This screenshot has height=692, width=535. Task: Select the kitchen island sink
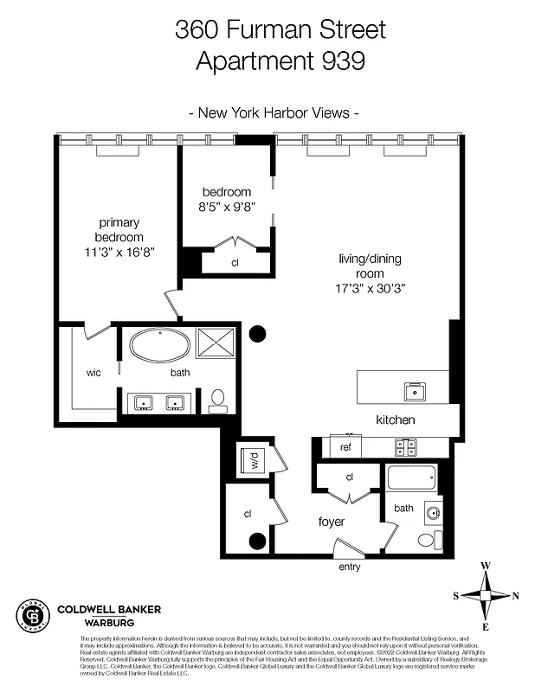pos(415,391)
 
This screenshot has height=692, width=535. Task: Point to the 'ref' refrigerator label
pos(345,447)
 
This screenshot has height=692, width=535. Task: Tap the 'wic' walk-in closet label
pos(94,373)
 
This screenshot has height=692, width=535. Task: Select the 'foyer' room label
pos(332,522)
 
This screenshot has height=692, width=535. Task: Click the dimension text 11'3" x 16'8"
pos(119,252)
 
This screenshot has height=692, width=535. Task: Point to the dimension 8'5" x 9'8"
pos(227,207)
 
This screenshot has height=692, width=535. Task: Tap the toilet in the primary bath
pos(218,398)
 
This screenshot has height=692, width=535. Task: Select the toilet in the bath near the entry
pos(427,539)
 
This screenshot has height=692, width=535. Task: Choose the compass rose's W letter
pos(486,565)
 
